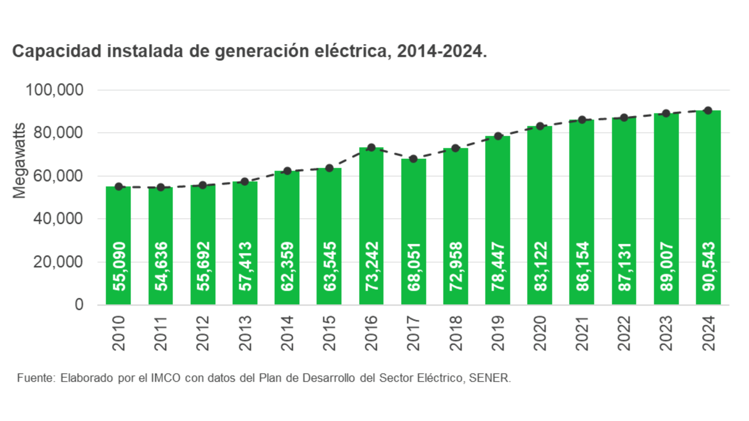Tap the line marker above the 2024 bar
click(708, 111)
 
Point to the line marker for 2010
click(118, 187)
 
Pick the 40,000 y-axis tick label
click(58, 218)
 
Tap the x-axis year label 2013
click(245, 333)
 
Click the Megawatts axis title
click(19, 161)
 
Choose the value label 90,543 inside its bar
click(708, 266)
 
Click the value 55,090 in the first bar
click(119, 266)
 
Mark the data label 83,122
click(540, 266)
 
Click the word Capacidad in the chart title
click(57, 51)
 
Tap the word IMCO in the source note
click(166, 378)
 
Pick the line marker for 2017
click(413, 159)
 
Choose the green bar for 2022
click(624, 210)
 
